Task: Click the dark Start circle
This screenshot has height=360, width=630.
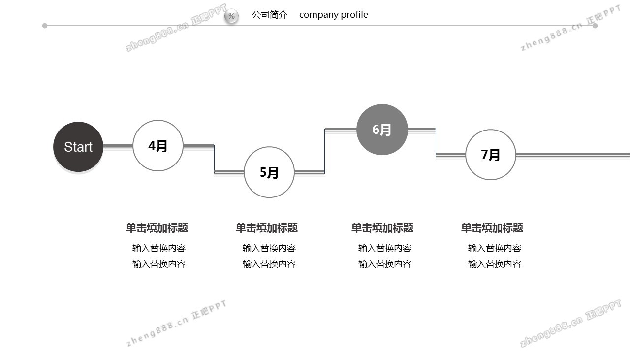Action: (78, 147)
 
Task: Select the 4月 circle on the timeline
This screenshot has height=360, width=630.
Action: (158, 146)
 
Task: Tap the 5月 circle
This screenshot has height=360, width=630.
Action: (269, 172)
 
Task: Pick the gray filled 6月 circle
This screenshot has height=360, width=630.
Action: (382, 130)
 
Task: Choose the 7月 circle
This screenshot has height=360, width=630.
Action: (491, 155)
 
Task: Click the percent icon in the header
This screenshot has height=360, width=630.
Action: (231, 16)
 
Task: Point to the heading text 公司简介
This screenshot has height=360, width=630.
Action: (270, 15)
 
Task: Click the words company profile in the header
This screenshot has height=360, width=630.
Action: (334, 15)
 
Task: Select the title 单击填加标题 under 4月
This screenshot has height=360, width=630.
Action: (157, 228)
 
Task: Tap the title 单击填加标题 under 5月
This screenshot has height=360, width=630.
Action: (267, 228)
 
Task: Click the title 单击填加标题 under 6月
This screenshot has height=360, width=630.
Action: (382, 228)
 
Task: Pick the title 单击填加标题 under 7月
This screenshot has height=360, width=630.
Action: (492, 228)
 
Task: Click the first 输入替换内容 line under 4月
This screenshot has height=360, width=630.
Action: (159, 248)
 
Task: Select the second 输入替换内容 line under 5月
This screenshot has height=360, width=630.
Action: (269, 264)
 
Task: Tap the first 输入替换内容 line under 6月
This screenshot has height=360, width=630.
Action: (385, 248)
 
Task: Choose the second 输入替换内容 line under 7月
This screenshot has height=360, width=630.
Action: (495, 264)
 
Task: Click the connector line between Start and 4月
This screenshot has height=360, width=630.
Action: (118, 146)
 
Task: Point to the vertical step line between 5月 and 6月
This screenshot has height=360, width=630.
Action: (325, 150)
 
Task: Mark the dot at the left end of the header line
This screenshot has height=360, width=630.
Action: (45, 26)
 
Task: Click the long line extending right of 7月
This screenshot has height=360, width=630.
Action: (573, 155)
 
